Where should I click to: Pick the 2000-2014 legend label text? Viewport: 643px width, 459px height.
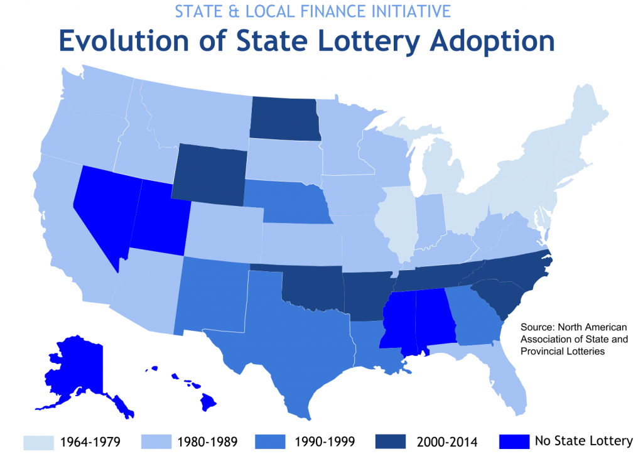point(446,442)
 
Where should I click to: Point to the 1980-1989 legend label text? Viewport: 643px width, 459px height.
point(207,442)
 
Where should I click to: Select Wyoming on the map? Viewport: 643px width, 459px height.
point(208,175)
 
